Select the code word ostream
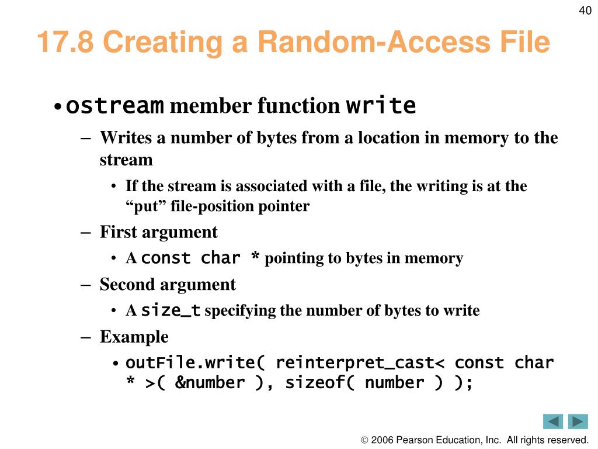pos(114,106)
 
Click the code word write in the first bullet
pos(381,106)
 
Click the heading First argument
pos(158,232)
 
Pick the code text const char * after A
pos(201,258)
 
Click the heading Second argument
pos(168,285)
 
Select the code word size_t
pos(171,310)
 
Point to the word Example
pos(134,337)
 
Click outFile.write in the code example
pos(190,362)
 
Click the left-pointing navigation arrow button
pos(552,421)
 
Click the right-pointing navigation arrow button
pos(578,421)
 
